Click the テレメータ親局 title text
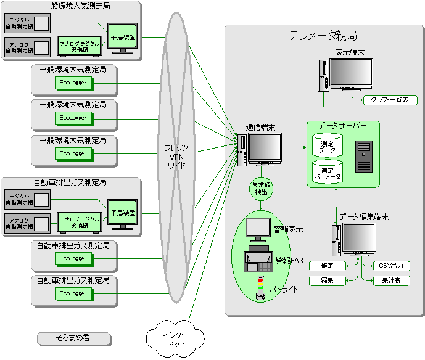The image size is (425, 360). pyautogui.click(x=323, y=36)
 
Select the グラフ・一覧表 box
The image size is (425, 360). pyautogui.click(x=390, y=100)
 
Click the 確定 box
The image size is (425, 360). pyautogui.click(x=328, y=266)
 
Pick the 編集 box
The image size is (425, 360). pyautogui.click(x=328, y=280)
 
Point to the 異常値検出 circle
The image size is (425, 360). pyautogui.click(x=260, y=189)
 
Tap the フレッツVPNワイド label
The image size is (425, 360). pyautogui.click(x=176, y=157)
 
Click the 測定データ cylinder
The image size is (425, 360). pyautogui.click(x=327, y=147)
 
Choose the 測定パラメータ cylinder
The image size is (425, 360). pyautogui.click(x=327, y=173)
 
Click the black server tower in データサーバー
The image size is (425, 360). pyautogui.click(x=364, y=157)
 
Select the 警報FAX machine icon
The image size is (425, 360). pyautogui.click(x=257, y=259)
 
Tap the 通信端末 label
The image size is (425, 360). pyautogui.click(x=260, y=127)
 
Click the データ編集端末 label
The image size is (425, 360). pyautogui.click(x=364, y=217)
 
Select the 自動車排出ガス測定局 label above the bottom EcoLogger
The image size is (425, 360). pyautogui.click(x=72, y=280)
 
